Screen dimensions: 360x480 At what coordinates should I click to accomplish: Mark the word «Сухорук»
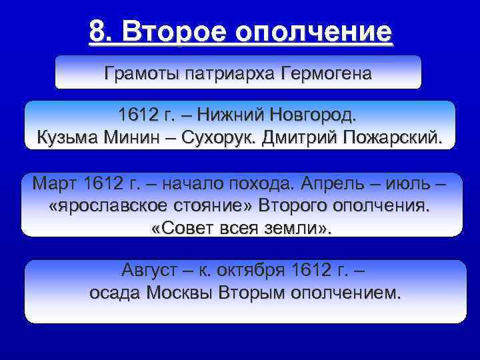[212, 137]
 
